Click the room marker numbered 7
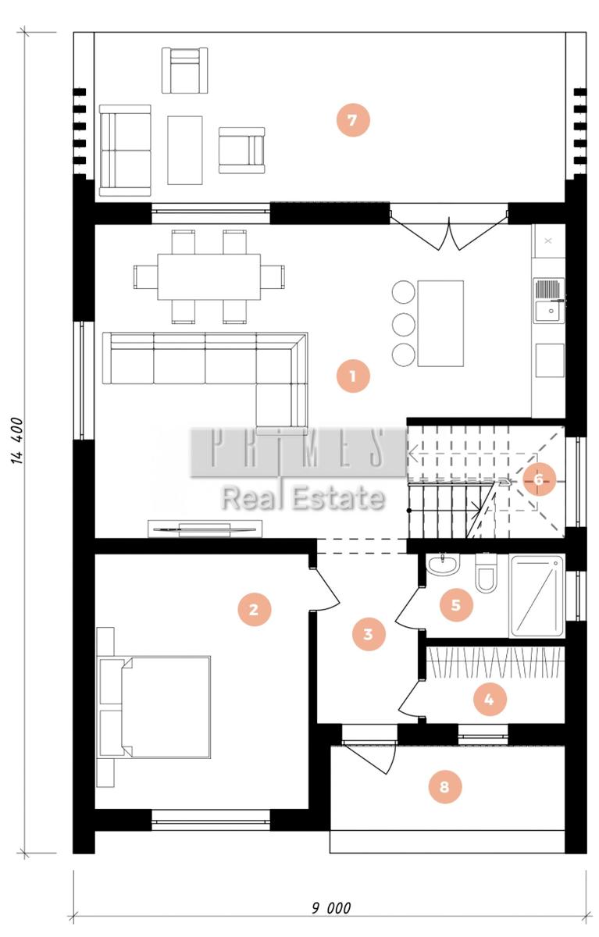pyautogui.click(x=353, y=120)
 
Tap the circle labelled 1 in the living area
pyautogui.click(x=353, y=376)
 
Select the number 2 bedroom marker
pyautogui.click(x=254, y=610)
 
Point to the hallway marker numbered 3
pyautogui.click(x=368, y=634)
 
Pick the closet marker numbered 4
pyautogui.click(x=490, y=699)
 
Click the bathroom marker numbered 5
pyautogui.click(x=456, y=605)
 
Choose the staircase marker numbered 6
pyautogui.click(x=539, y=479)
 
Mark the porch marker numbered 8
pyautogui.click(x=444, y=787)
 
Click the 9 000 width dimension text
pyautogui.click(x=331, y=907)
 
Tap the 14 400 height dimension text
pyautogui.click(x=17, y=440)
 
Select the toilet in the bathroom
pyautogui.click(x=486, y=572)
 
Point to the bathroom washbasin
pyautogui.click(x=443, y=565)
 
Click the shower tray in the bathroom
pyautogui.click(x=537, y=597)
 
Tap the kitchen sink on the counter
pyautogui.click(x=548, y=301)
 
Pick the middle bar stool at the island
pyautogui.click(x=404, y=323)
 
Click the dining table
pyautogui.click(x=209, y=276)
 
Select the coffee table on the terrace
pyautogui.click(x=185, y=150)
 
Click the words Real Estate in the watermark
pyautogui.click(x=303, y=498)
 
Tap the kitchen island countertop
pyautogui.click(x=440, y=323)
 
